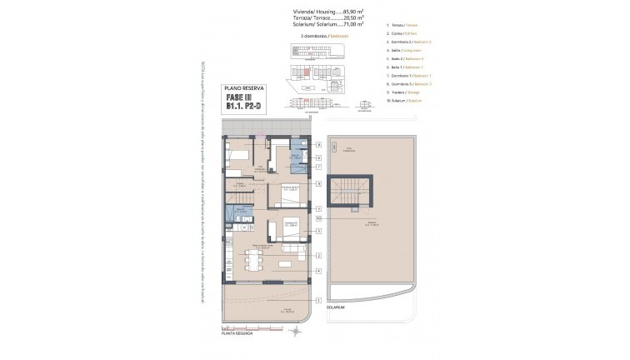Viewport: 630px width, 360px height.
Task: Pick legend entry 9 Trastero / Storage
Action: click(403, 92)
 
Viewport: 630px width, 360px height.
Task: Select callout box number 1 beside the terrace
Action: click(318, 300)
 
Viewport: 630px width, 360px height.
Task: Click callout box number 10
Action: click(318, 218)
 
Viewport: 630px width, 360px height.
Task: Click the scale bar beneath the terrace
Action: click(242, 332)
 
